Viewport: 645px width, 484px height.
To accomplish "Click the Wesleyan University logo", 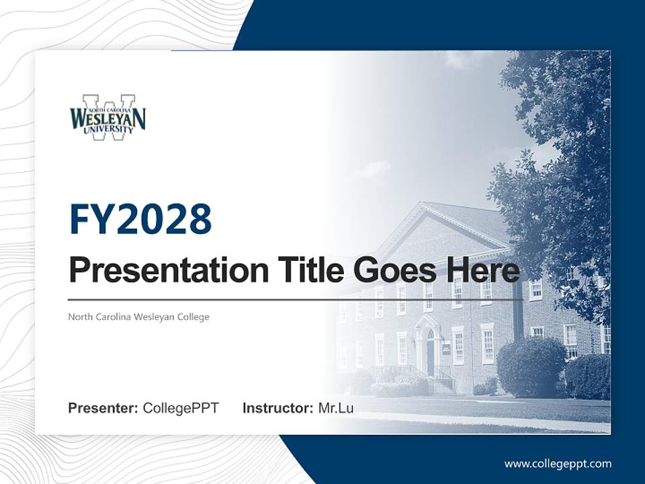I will (107, 117).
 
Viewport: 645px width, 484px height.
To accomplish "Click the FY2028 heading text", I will (140, 220).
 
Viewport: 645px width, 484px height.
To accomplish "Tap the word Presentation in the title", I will (159, 270).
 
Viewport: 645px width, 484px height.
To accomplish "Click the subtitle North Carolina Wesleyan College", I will (138, 317).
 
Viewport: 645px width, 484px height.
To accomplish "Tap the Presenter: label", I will (103, 408).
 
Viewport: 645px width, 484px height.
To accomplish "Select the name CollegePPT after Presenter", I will (181, 408).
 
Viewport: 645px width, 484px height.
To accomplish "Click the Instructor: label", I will (277, 408).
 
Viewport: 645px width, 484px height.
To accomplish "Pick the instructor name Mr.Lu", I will (336, 408).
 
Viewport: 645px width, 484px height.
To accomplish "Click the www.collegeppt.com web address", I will (558, 464).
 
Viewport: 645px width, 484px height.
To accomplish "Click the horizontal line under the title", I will (296, 299).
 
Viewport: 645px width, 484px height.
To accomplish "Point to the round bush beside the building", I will (531, 366).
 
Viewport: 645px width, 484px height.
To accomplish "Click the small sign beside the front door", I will (446, 348).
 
